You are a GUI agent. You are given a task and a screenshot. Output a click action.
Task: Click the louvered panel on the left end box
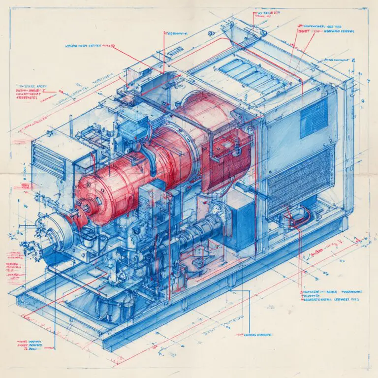pos(49,160)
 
